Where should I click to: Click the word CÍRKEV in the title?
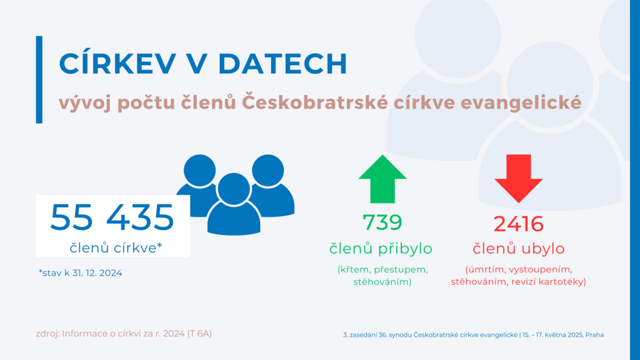(118, 63)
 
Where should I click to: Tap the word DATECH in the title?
(282, 63)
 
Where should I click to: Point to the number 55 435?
(112, 217)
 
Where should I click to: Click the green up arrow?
(382, 179)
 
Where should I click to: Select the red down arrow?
(518, 179)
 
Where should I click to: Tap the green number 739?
(382, 222)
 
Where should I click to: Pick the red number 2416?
(518, 224)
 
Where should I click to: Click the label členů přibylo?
(381, 248)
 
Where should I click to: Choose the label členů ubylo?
(519, 248)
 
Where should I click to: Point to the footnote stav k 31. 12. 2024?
(80, 273)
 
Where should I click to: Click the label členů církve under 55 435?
(116, 248)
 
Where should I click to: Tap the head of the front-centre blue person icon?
(234, 189)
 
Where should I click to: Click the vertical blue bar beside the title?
(39, 80)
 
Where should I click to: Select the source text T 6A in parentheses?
(200, 333)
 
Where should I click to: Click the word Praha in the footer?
(594, 334)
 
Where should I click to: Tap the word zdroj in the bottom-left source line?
(47, 334)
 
